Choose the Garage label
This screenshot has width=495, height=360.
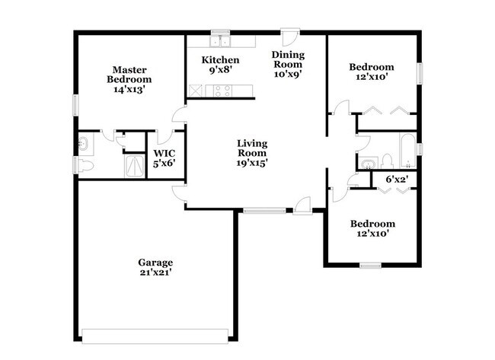click(x=155, y=262)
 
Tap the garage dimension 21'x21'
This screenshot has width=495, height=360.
click(x=155, y=274)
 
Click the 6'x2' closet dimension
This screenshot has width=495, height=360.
click(x=397, y=180)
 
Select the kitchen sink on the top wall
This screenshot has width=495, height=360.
click(x=220, y=40)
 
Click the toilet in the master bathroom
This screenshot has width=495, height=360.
click(x=85, y=166)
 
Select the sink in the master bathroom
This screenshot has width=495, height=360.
click(x=85, y=142)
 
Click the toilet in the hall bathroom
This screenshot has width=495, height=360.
click(x=387, y=161)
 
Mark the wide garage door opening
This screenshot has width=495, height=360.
click(x=155, y=333)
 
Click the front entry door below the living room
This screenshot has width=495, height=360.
click(x=302, y=204)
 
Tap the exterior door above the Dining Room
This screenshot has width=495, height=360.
click(x=289, y=36)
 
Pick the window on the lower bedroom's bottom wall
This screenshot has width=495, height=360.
click(x=371, y=265)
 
